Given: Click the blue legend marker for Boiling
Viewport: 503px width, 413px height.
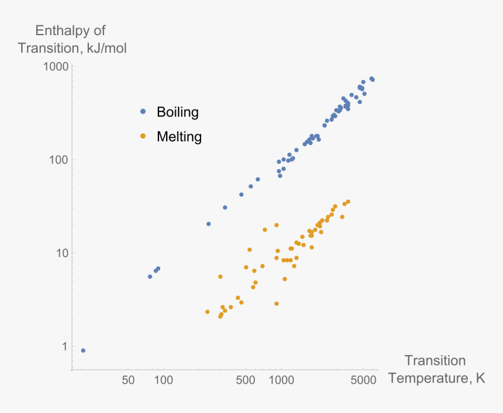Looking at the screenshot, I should [x=143, y=112].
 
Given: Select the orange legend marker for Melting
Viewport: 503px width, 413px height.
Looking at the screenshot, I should [x=143, y=137].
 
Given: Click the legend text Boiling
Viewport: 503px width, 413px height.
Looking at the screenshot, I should [x=178, y=112].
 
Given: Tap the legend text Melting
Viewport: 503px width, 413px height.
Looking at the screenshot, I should [x=179, y=137].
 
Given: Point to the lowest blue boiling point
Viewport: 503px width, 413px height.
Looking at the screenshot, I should [x=83, y=350].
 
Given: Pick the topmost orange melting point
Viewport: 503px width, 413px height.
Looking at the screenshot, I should [x=348, y=202].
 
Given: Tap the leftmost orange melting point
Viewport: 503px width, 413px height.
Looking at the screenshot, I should [x=207, y=312].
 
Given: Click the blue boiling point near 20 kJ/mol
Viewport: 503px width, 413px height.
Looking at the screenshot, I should [x=208, y=224].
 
